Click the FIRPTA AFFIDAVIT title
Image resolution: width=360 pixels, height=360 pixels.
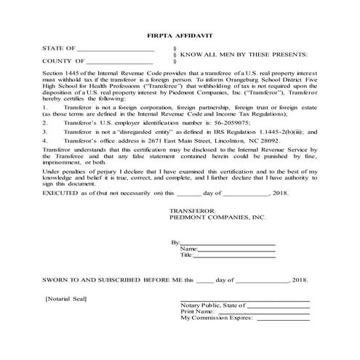(180, 33)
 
